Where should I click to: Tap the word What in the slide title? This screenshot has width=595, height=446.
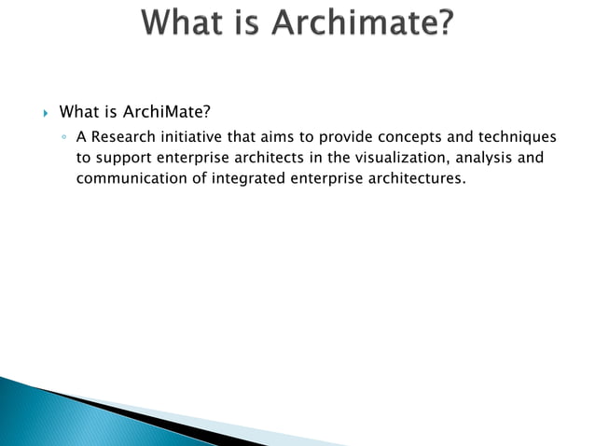181,23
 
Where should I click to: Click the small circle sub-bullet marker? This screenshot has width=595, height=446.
63,138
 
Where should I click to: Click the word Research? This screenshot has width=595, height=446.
123,137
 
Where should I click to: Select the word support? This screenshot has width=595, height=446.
126,158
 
